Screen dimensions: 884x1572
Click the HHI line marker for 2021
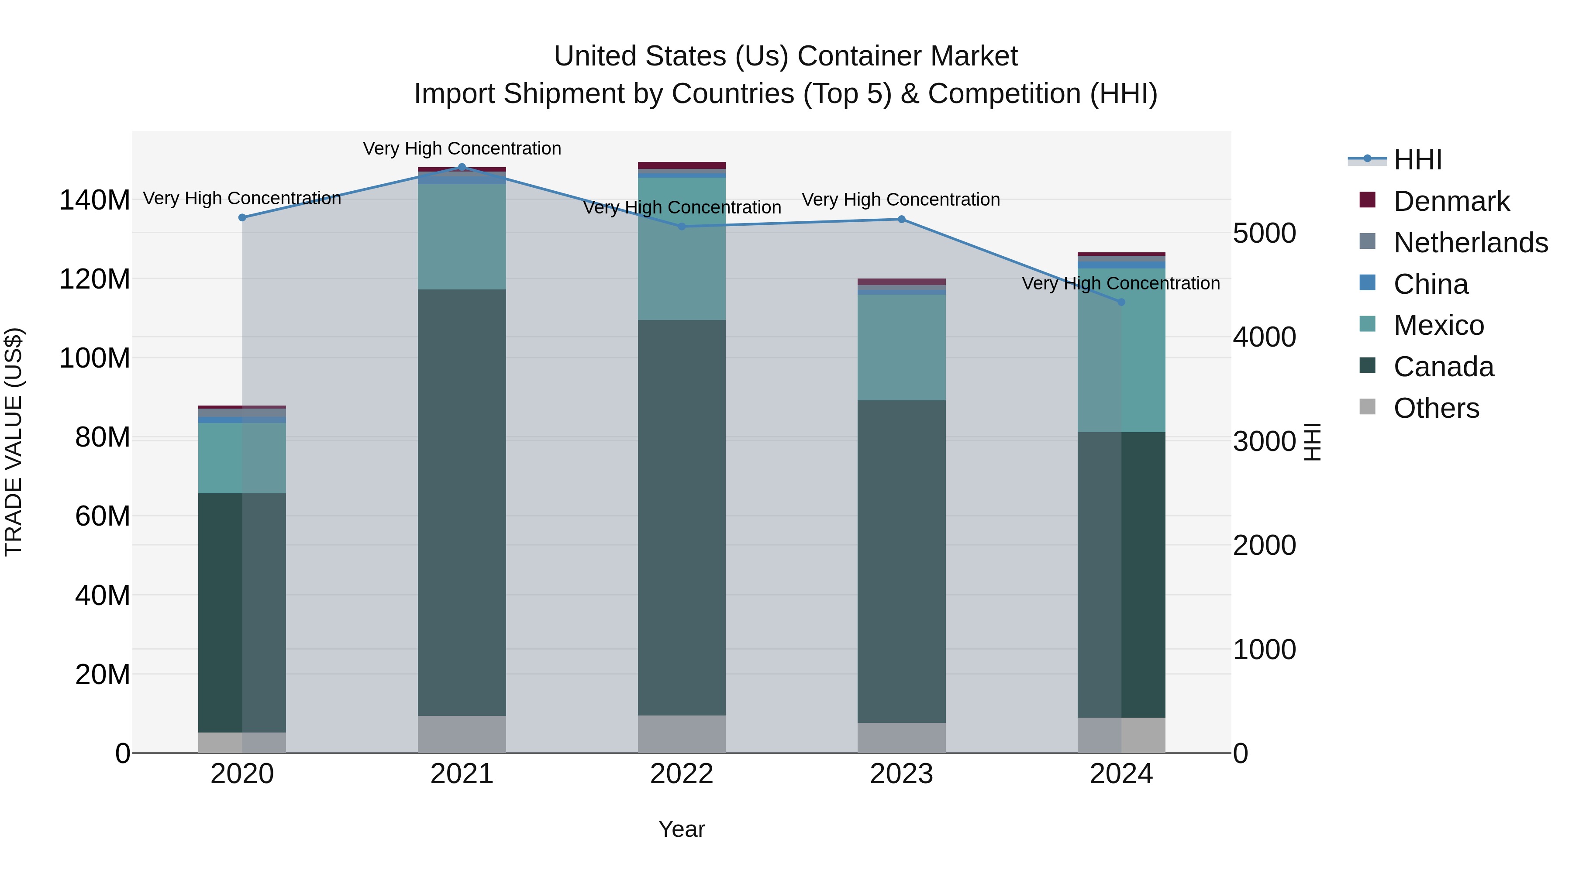click(462, 167)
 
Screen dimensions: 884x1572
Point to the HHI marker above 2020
click(242, 217)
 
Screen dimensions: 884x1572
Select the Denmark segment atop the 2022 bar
click(682, 165)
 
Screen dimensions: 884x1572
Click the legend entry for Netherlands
click(1470, 243)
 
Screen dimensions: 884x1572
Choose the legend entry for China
click(1431, 284)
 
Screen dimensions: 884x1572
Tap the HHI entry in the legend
click(1417, 160)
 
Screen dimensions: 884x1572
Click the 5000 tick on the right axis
click(1265, 234)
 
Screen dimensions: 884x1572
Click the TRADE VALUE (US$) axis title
click(14, 442)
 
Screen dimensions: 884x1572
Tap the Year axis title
click(682, 829)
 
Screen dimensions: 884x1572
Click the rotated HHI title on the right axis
click(1313, 442)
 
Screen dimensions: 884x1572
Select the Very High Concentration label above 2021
click(462, 148)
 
